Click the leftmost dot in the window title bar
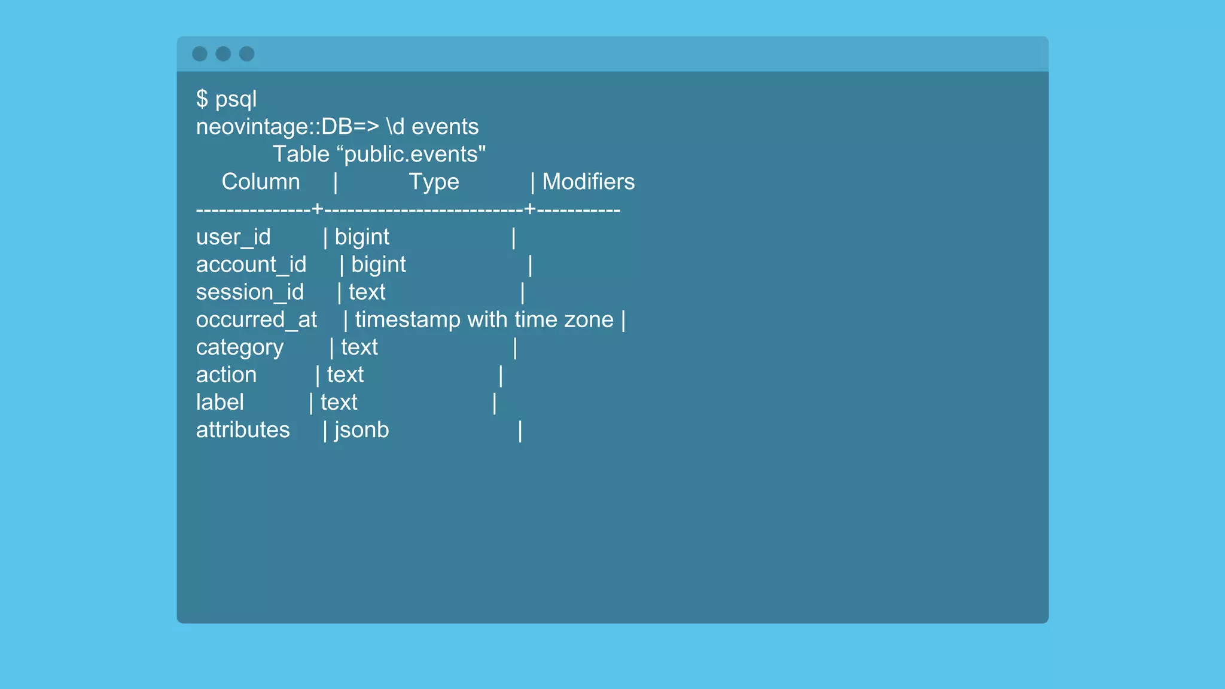(x=200, y=54)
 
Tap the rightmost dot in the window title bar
(x=246, y=54)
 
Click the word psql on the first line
(x=236, y=99)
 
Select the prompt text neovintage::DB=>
(x=288, y=127)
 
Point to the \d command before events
(x=395, y=127)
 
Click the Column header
(x=261, y=182)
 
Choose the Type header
(x=434, y=182)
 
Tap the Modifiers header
(x=588, y=182)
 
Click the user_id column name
(x=233, y=237)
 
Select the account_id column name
(x=251, y=265)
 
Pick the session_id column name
(x=250, y=292)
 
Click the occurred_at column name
(x=257, y=320)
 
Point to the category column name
(x=240, y=347)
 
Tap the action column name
(x=226, y=375)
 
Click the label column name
(x=220, y=403)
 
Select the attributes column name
(x=243, y=430)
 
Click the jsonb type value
(x=362, y=430)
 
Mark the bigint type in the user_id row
(x=362, y=237)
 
